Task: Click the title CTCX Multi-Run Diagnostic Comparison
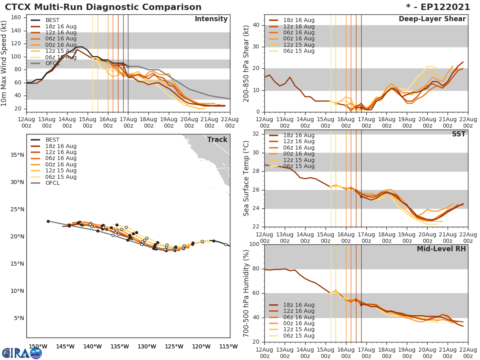[103, 7]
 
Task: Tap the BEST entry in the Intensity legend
[52, 20]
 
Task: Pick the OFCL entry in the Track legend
[52, 183]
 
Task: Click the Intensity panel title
[211, 19]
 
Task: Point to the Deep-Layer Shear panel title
[432, 19]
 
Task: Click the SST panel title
[458, 134]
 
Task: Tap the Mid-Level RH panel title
[441, 249]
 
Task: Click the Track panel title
[217, 140]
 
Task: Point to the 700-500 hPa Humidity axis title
[246, 294]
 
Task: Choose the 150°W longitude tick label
[36, 346]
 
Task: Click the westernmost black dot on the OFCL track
[48, 221]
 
